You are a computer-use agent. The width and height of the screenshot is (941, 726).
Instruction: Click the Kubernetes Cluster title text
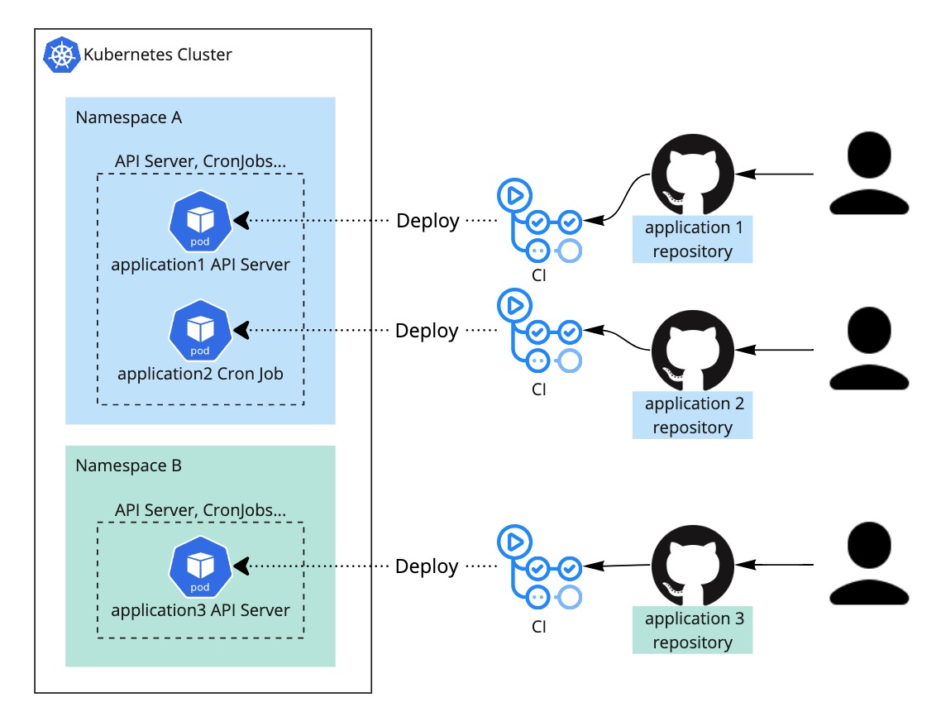point(157,55)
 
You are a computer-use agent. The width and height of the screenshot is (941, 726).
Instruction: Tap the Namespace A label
point(128,117)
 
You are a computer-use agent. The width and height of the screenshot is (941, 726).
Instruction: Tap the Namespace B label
point(128,466)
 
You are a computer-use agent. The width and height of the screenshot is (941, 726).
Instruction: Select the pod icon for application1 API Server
point(200,222)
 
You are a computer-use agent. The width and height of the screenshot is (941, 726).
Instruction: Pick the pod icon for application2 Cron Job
point(200,331)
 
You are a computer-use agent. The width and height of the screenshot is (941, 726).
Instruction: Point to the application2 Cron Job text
point(200,374)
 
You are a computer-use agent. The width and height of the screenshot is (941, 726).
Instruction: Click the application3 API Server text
point(200,610)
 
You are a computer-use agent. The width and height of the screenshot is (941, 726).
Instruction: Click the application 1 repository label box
point(692,240)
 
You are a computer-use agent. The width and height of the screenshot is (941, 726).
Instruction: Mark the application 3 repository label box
point(692,630)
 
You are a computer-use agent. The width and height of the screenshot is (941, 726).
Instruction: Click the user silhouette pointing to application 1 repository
point(869,174)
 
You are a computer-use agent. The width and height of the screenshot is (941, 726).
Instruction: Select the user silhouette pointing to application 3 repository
point(869,564)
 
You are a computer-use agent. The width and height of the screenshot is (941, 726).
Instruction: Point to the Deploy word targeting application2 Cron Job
point(427,331)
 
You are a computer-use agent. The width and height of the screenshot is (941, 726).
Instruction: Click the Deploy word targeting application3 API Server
point(427,566)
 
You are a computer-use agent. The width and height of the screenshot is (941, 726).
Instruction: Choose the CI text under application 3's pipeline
point(539,627)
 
